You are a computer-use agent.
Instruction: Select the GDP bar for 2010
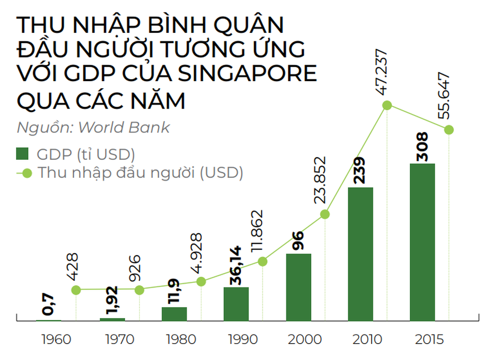(361, 254)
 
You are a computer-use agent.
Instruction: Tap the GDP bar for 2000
(298, 287)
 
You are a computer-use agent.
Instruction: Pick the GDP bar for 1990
(236, 304)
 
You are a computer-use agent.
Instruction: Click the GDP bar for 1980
(174, 314)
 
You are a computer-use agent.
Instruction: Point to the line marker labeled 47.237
(387, 106)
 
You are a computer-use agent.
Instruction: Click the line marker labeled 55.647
(449, 129)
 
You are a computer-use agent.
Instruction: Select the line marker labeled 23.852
(325, 214)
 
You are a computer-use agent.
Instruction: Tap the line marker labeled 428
(76, 289)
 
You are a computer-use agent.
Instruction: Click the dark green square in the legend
(23, 153)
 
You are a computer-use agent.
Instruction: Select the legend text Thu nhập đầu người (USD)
(140, 173)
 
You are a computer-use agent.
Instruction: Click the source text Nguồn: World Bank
(93, 127)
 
